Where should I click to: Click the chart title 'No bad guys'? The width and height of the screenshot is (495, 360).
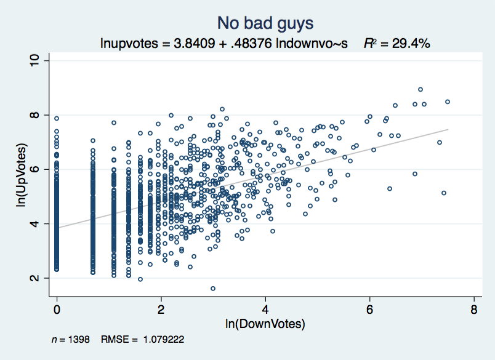265,23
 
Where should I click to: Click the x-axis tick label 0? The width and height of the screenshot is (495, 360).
57,308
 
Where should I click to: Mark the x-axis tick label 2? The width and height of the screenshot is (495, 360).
161,308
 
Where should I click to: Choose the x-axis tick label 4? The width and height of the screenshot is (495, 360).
265,308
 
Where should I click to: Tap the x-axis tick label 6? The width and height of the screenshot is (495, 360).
370,308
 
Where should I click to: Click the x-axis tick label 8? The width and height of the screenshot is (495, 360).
474,308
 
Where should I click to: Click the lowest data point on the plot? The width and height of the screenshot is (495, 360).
213,288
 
